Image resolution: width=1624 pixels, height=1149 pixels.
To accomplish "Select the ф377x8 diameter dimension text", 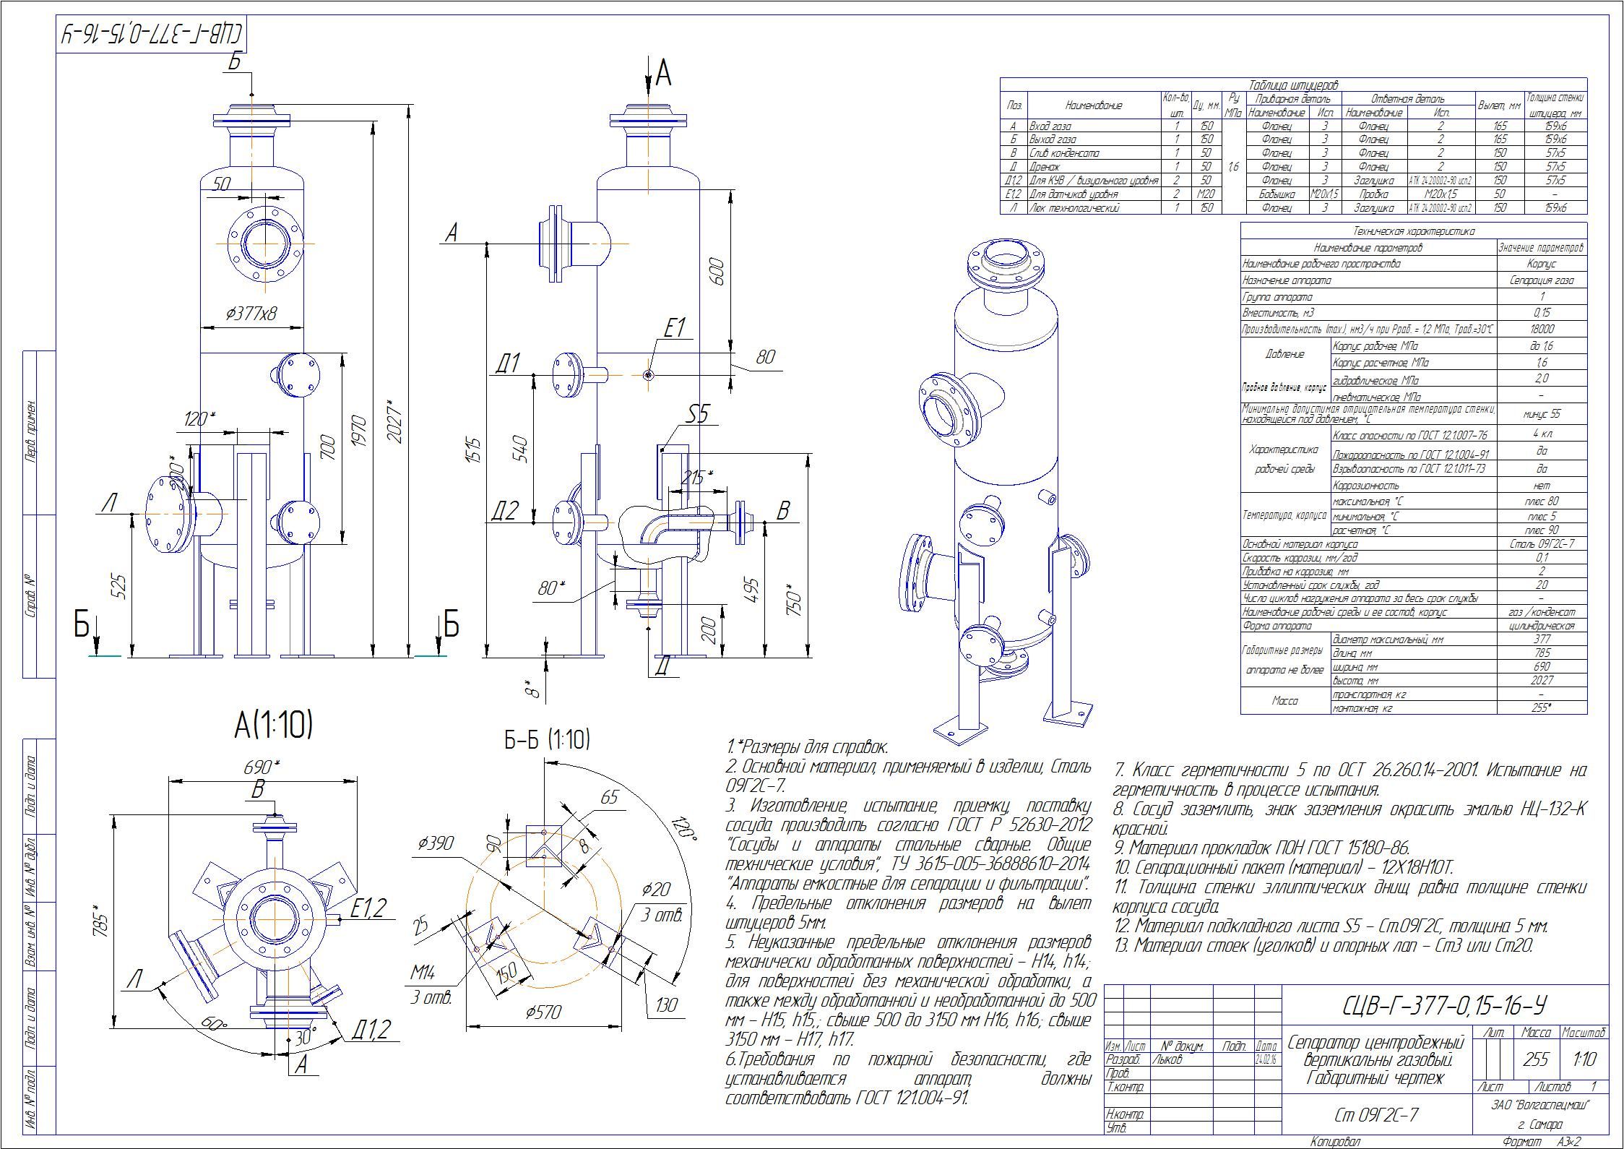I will (x=251, y=313).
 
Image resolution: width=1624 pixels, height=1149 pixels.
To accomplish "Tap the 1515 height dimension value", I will (x=472, y=449).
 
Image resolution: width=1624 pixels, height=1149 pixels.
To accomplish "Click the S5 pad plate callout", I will (x=697, y=415).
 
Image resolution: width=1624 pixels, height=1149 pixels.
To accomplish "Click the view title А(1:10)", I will (x=273, y=726).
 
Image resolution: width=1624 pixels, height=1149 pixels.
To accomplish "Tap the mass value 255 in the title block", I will (x=1536, y=1059).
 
